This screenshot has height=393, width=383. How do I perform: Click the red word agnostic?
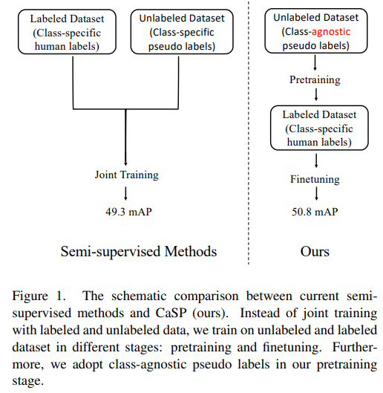coord(330,33)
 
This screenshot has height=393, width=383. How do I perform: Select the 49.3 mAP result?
coord(128,212)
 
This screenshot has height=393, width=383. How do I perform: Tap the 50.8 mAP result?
coord(315,212)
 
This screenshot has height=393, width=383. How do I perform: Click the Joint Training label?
coord(126,175)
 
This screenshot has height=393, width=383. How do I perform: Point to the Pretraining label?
coord(315,80)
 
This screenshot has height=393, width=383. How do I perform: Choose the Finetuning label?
coord(315,180)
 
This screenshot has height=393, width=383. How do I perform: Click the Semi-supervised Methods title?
coord(139,252)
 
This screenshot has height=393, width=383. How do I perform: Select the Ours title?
coord(315,252)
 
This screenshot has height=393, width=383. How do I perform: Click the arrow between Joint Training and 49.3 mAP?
coord(125,193)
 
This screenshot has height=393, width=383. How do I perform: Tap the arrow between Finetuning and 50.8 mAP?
coord(316,194)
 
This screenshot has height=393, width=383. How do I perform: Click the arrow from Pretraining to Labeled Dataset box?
coord(316,94)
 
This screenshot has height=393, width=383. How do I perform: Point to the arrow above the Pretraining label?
coord(315,62)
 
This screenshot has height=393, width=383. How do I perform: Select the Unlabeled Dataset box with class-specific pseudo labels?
coord(182,32)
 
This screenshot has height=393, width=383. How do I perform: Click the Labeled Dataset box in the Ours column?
coord(319,128)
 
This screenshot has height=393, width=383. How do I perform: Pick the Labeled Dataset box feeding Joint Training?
coord(67,32)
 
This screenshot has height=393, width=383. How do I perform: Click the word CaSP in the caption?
coord(171,313)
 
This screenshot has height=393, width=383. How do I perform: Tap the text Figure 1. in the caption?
coord(39,296)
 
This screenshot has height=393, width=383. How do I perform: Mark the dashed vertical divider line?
coord(249,132)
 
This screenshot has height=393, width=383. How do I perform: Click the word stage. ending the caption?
coord(28,381)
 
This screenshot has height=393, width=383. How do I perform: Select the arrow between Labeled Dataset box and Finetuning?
coord(316,160)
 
